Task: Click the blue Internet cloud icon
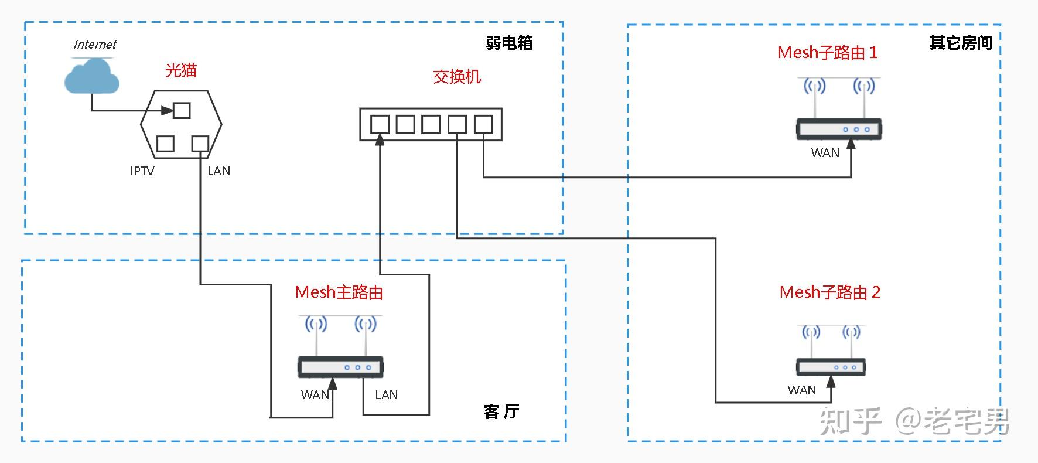pos(92,77)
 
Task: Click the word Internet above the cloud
pos(95,45)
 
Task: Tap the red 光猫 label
pos(180,70)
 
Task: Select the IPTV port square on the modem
pos(165,144)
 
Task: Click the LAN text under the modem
pos(218,171)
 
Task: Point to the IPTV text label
pos(142,171)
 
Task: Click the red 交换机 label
pos(457,77)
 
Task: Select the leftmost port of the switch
pos(380,124)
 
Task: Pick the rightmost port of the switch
pos(483,124)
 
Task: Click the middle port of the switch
pos(431,124)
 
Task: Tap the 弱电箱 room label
pos(509,43)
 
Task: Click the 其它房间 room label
pos(961,43)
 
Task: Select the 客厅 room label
pos(501,411)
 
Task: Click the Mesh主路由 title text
pos(339,292)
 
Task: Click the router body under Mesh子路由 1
pos(839,129)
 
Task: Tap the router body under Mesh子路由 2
pos(831,367)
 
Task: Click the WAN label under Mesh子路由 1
pos(825,153)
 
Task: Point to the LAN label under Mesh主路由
pos(386,395)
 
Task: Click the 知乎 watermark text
pos(851,421)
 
